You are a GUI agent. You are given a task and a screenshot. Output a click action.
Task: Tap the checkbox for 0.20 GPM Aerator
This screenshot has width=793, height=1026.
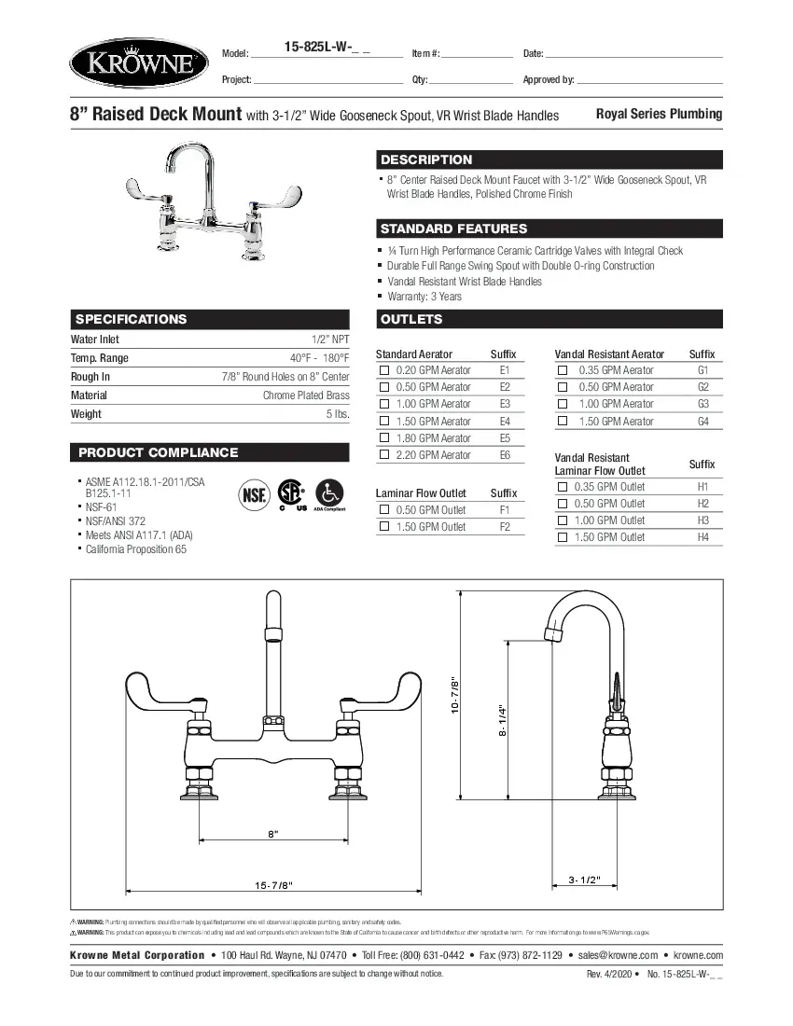click(x=383, y=370)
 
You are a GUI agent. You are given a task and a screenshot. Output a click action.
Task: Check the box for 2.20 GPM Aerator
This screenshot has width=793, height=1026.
click(x=383, y=455)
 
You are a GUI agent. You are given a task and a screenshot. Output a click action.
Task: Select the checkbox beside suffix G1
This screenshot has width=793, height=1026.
click(x=563, y=370)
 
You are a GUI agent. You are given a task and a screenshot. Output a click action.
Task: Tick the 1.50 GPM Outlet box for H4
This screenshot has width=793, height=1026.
click(x=563, y=537)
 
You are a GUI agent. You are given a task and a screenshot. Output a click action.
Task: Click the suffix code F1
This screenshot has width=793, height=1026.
click(x=505, y=510)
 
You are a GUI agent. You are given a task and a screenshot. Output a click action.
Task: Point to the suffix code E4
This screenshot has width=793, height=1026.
click(x=505, y=422)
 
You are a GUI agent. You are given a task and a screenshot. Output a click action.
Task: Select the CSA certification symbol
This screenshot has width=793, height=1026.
click(x=292, y=492)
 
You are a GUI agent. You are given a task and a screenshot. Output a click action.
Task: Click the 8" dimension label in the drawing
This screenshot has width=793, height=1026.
click(x=273, y=834)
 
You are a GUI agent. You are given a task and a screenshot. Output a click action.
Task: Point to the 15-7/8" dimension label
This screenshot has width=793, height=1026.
click(x=273, y=884)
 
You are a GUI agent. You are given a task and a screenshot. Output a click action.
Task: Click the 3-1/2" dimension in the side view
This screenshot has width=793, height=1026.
click(x=584, y=880)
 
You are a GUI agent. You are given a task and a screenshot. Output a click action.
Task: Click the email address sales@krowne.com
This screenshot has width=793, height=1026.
click(x=618, y=955)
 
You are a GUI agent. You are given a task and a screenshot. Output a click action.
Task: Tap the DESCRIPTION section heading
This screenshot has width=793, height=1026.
click(x=426, y=159)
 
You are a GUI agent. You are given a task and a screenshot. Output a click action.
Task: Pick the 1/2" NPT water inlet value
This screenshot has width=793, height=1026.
click(x=330, y=340)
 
